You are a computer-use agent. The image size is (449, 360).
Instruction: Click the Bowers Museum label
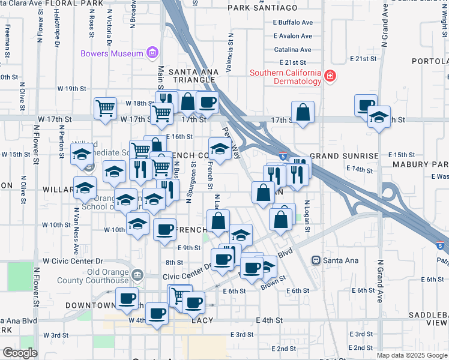112,53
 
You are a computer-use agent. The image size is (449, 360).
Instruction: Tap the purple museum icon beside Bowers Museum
152,53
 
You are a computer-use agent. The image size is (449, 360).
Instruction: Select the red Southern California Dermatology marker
330,77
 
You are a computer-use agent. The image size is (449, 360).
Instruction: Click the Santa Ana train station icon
315,260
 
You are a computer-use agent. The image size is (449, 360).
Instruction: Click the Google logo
20,353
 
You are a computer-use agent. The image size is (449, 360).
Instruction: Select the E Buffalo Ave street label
293,22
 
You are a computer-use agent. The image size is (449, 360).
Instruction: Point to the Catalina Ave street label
292,50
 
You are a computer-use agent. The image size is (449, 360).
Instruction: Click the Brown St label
273,283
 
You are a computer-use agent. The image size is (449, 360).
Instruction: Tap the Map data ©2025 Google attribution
411,355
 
